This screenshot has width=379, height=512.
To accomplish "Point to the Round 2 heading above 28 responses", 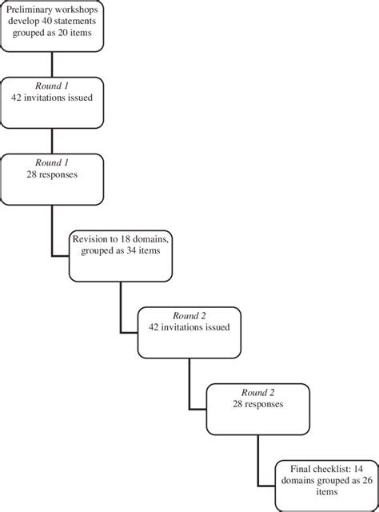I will coord(257,393).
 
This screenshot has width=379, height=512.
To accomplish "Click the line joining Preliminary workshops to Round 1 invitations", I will coord(52,64).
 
